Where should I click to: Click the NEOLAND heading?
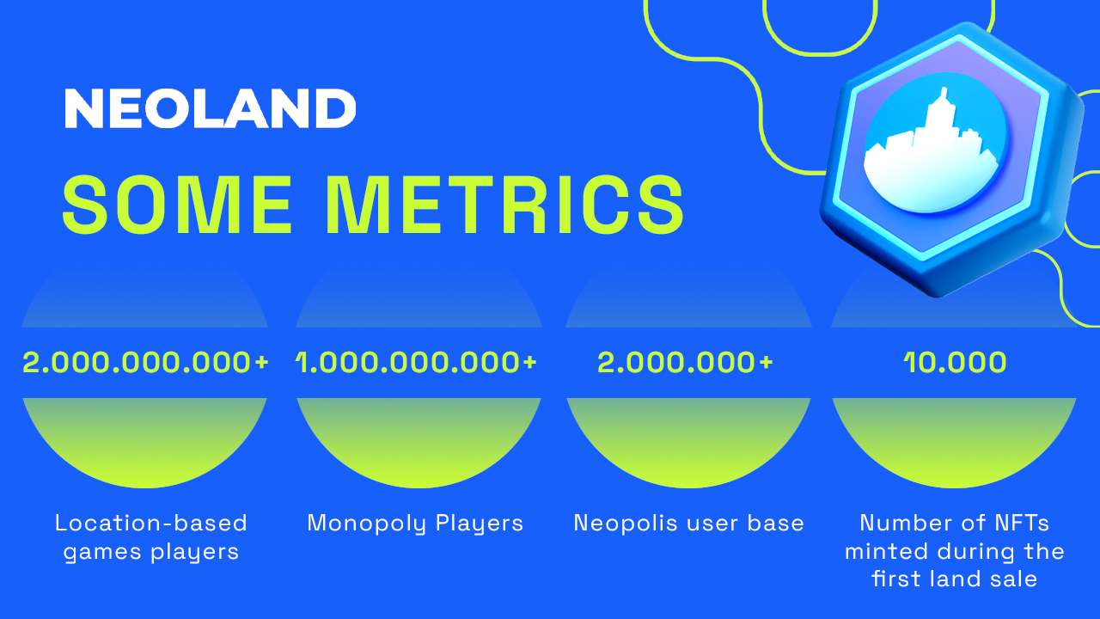pos(211,108)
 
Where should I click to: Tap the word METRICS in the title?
pos(504,204)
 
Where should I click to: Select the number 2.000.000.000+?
pos(145,363)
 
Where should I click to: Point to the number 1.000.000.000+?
pos(417,363)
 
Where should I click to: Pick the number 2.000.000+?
pos(685,363)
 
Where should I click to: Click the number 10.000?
pos(955,363)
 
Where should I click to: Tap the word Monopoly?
pos(366,524)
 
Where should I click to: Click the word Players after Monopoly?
pos(480,524)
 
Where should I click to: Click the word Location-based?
pos(150,523)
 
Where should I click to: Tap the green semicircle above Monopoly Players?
pos(419,442)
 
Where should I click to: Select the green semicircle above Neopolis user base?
pos(688,442)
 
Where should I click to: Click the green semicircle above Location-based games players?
pos(145,442)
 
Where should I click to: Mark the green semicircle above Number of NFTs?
pos(954,442)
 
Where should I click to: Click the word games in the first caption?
pos(102,552)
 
